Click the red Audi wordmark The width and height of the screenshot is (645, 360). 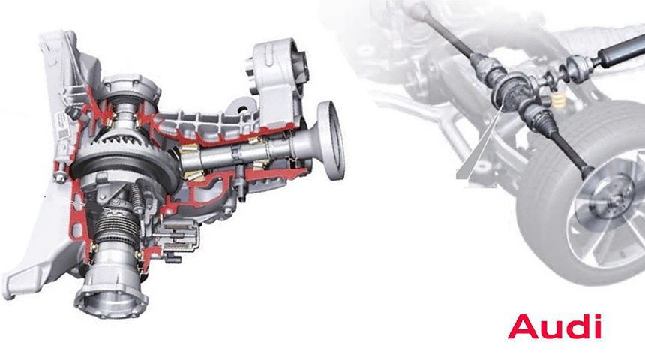(x=553, y=327)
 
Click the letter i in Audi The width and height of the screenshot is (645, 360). (x=595, y=327)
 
